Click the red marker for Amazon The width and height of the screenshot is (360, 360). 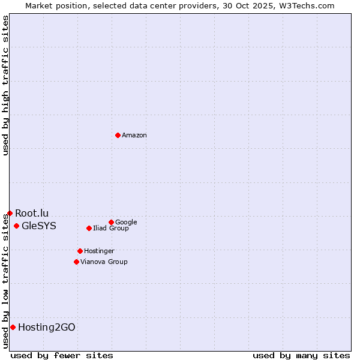click(x=118, y=135)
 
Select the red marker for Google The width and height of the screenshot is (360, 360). click(x=111, y=222)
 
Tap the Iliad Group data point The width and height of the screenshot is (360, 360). click(x=89, y=228)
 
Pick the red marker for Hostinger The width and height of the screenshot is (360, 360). click(x=80, y=251)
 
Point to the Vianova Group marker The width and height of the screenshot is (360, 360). click(x=76, y=262)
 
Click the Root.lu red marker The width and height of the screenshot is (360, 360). click(x=10, y=213)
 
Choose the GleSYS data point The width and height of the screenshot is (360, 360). click(x=16, y=226)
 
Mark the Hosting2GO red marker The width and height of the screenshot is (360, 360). click(x=13, y=327)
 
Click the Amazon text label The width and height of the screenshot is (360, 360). click(x=134, y=136)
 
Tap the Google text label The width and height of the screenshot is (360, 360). click(x=126, y=223)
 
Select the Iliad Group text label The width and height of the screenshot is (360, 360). click(x=111, y=229)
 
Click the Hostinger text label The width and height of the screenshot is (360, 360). click(x=99, y=251)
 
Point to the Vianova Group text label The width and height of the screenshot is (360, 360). click(x=104, y=262)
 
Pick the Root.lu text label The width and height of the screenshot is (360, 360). click(x=32, y=213)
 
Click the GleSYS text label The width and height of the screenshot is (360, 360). click(x=39, y=226)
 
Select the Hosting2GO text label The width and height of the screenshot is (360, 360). click(x=47, y=328)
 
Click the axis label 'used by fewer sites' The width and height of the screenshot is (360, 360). click(x=62, y=355)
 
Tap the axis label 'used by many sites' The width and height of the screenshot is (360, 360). click(x=301, y=355)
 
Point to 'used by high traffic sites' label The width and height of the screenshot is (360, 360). click(x=5, y=86)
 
